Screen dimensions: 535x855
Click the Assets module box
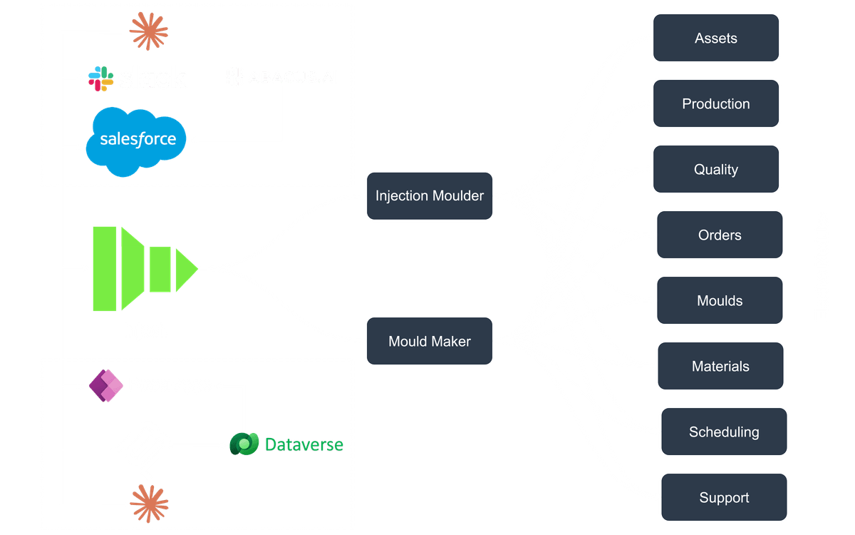click(x=716, y=39)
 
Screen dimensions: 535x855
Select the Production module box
click(x=716, y=104)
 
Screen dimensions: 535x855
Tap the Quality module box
click(x=716, y=170)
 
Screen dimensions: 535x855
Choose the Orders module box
click(x=720, y=235)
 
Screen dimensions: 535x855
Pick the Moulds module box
click(x=720, y=301)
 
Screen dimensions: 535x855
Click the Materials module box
click(x=720, y=367)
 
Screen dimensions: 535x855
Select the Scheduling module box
click(x=724, y=432)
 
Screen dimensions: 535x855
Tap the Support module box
click(x=724, y=498)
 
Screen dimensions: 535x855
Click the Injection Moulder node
click(x=430, y=196)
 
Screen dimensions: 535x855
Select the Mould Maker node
click(x=430, y=342)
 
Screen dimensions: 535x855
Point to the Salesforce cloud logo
click(x=136, y=141)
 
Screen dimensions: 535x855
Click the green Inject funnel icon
click(x=142, y=268)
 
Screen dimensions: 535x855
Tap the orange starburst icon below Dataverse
click(x=150, y=501)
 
